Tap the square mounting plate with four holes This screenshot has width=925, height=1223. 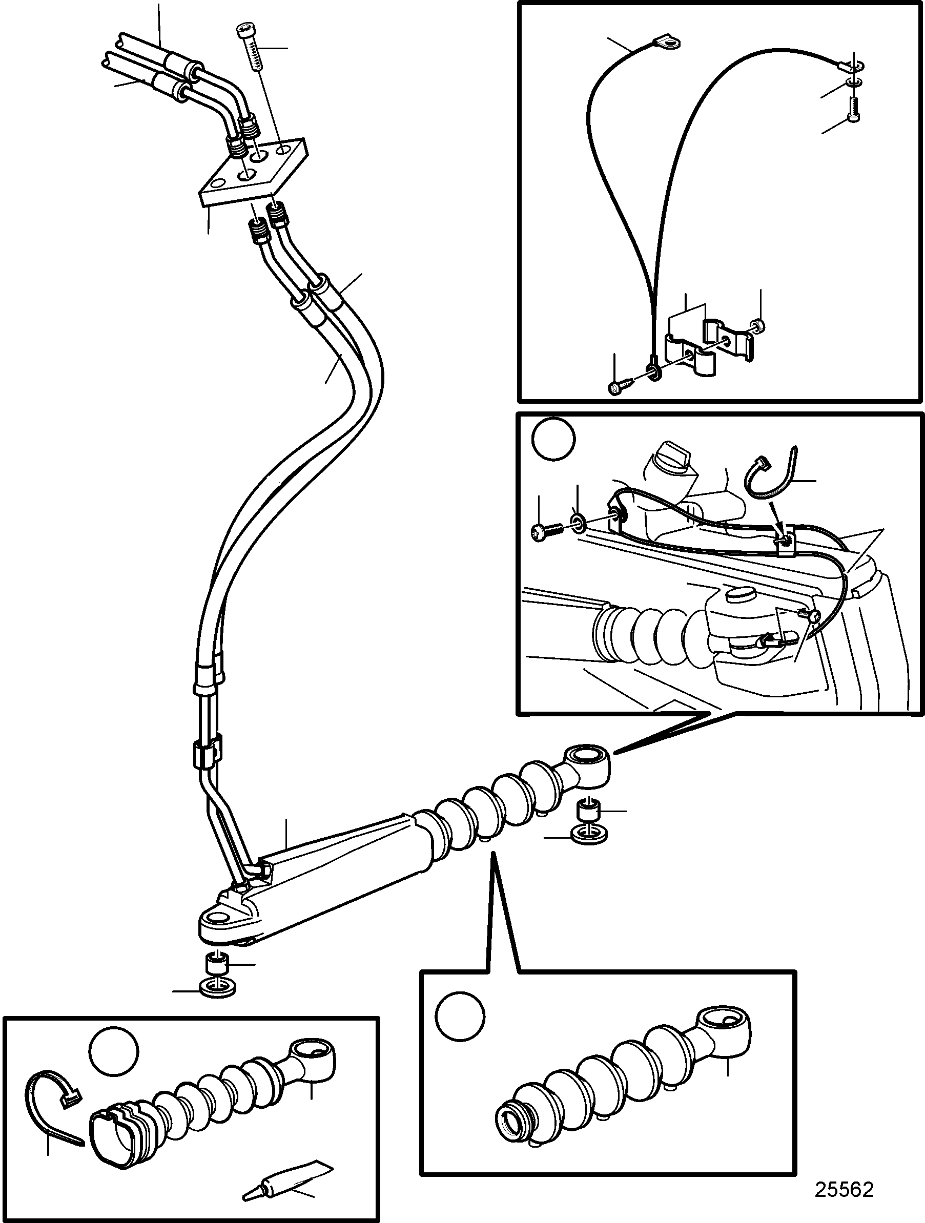pyautogui.click(x=252, y=173)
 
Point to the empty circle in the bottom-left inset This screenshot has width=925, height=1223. pyautogui.click(x=114, y=1051)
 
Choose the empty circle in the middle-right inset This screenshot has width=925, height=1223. pyautogui.click(x=553, y=440)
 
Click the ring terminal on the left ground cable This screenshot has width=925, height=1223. pyautogui.click(x=667, y=42)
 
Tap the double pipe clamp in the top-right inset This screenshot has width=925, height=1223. pyautogui.click(x=709, y=347)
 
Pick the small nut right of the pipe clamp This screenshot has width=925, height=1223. pyautogui.click(x=758, y=324)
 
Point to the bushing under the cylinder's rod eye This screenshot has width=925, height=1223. pyautogui.click(x=589, y=812)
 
